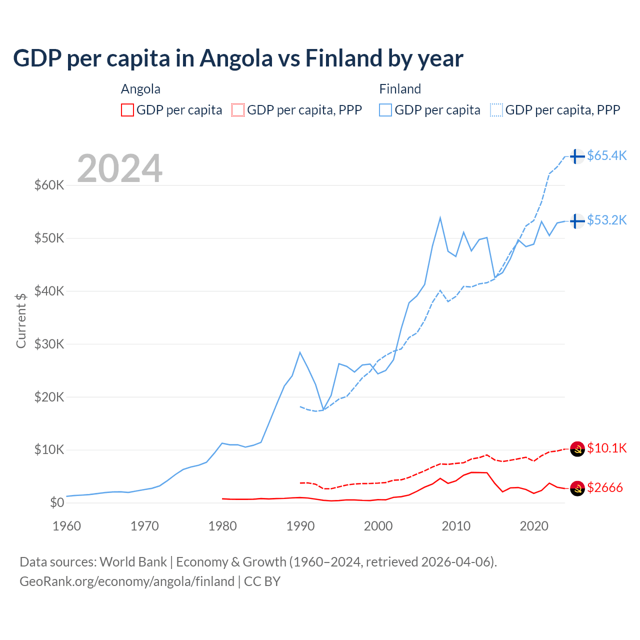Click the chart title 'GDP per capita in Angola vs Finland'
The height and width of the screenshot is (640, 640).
238,58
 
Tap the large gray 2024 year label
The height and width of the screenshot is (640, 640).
119,168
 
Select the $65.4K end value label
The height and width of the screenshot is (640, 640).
606,155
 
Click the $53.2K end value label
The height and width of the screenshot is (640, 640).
606,220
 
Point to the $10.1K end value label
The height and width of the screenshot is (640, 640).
606,448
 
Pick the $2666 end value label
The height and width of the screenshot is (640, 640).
605,487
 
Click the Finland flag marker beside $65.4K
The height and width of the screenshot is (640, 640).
577,156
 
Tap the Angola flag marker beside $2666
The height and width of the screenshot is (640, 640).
577,488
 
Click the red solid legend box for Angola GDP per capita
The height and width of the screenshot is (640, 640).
127,110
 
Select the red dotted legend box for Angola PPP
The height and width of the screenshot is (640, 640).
238,110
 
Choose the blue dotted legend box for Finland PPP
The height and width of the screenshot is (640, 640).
496,110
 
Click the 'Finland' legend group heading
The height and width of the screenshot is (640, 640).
400,89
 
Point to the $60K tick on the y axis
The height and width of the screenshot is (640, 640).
49,185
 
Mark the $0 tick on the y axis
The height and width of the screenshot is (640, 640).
57,502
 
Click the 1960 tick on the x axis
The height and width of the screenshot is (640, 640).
66,526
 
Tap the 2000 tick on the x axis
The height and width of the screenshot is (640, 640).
378,526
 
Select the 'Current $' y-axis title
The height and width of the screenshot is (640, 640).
21,320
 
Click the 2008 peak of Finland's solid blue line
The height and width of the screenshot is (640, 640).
440,217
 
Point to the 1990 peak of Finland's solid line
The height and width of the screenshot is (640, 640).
300,352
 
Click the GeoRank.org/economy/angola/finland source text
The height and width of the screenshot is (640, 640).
127,581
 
